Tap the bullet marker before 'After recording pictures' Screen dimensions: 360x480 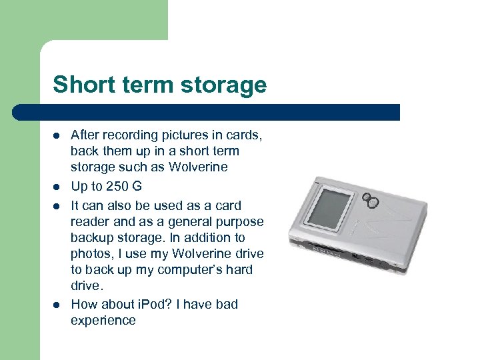57,135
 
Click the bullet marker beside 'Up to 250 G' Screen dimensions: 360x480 57,187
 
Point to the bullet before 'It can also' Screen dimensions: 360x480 57,206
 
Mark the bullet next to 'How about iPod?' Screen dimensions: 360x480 57,305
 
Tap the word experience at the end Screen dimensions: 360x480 103,321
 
